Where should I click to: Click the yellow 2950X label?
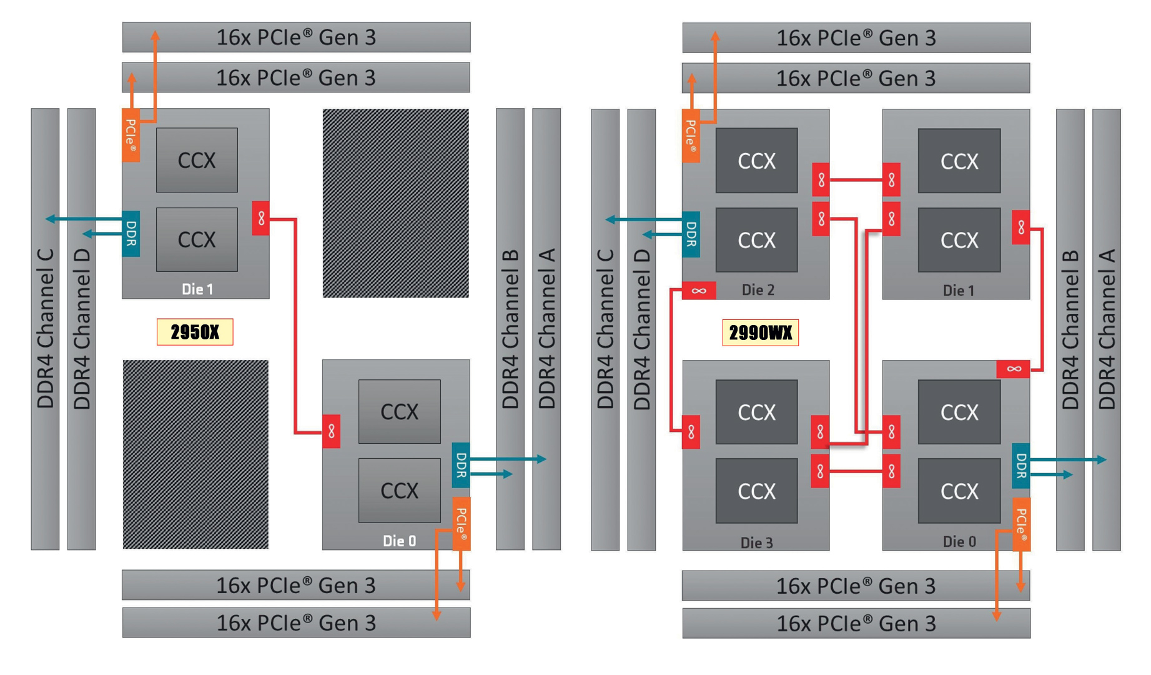(x=195, y=332)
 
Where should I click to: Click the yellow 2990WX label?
(x=760, y=332)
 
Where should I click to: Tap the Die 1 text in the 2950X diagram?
(x=197, y=289)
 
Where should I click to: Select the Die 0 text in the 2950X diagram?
(x=399, y=541)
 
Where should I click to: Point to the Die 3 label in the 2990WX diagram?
(x=756, y=542)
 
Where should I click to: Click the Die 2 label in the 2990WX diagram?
(x=758, y=290)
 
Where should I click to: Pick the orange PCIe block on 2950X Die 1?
(x=131, y=136)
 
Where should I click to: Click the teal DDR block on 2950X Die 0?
(x=461, y=465)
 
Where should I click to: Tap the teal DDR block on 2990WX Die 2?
(x=691, y=234)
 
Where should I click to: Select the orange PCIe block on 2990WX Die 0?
(x=1021, y=524)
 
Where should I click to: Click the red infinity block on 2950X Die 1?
(x=261, y=218)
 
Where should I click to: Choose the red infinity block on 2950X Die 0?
(x=332, y=431)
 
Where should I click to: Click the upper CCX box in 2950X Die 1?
(x=197, y=161)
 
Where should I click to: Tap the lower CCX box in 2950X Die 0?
(x=400, y=491)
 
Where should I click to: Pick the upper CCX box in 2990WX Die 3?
(x=756, y=412)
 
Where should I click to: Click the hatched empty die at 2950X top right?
(x=395, y=203)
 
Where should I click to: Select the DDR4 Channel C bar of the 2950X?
(x=45, y=329)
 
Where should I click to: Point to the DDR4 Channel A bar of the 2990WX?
(x=1107, y=329)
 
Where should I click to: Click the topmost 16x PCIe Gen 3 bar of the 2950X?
(x=296, y=37)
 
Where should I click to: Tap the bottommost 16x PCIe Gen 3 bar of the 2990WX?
(x=856, y=623)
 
